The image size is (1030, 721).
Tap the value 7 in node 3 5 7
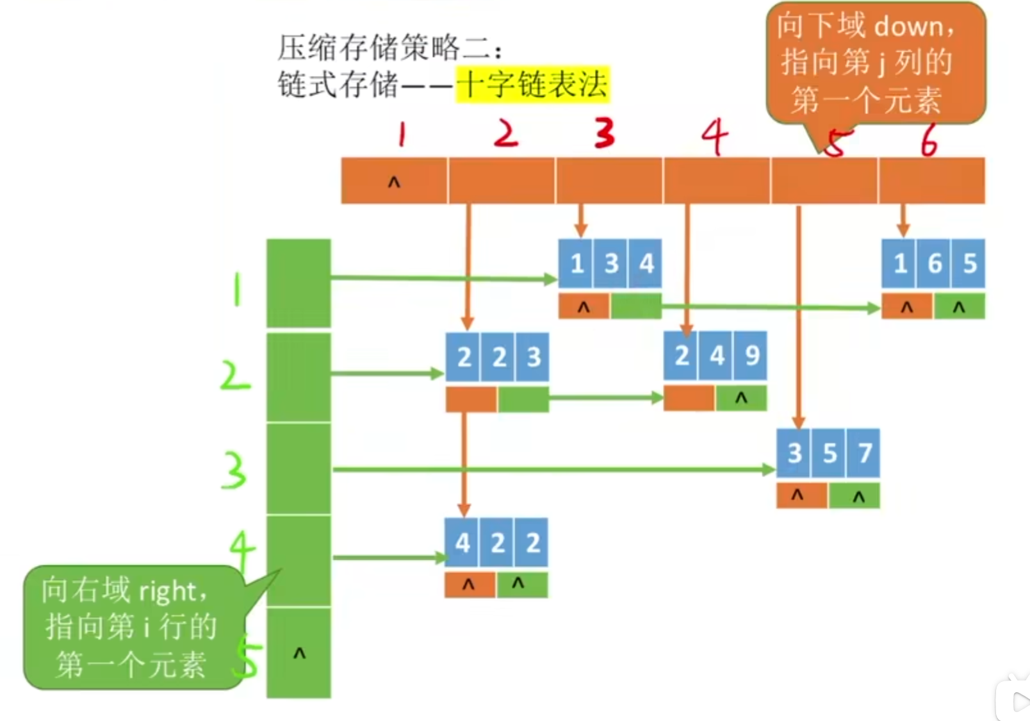[x=863, y=453]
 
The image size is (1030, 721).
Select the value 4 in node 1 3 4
[x=645, y=263]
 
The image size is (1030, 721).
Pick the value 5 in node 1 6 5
[x=969, y=263]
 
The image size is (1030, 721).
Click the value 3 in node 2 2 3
[x=533, y=357]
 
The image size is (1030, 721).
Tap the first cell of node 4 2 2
[x=462, y=543]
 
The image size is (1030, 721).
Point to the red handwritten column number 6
[x=929, y=139]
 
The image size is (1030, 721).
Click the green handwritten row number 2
[x=234, y=376]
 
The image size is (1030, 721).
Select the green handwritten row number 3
[x=234, y=470]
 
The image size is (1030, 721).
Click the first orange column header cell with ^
[x=394, y=181]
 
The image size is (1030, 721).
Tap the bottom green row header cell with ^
[x=298, y=652]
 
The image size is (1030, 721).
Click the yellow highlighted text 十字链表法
[x=532, y=84]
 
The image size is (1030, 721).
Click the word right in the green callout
[x=167, y=591]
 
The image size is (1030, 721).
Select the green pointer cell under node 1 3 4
[x=635, y=307]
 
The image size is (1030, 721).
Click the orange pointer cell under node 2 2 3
[x=471, y=399]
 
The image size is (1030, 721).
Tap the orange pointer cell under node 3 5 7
[x=801, y=496]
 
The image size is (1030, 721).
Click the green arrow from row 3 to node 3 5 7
[x=551, y=470]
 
